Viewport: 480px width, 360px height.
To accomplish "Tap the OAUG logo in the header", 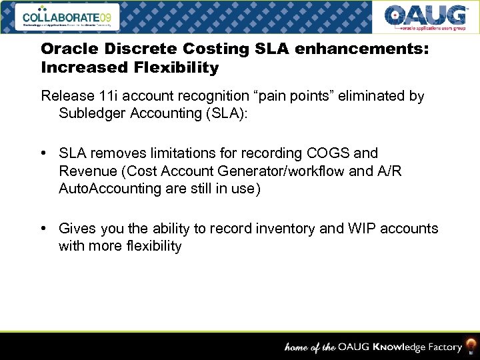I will coord(425,17).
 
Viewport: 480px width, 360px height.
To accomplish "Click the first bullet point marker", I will coord(43,153).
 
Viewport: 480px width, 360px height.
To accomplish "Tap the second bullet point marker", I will coord(43,229).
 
